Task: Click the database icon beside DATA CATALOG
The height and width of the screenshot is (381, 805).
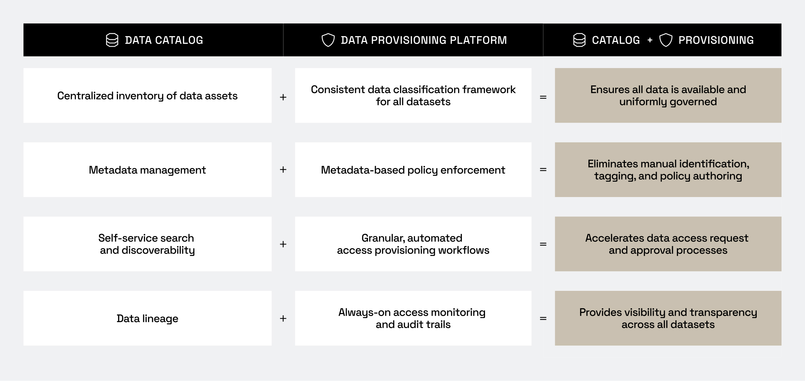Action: pos(112,40)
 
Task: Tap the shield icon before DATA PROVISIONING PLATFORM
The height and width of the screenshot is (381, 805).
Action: pos(328,40)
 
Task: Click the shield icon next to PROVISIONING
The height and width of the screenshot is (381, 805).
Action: pos(666,40)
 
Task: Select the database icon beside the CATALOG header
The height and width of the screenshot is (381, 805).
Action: pos(579,40)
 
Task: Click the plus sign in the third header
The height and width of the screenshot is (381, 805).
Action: pos(650,40)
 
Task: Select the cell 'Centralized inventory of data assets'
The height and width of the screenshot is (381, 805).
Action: pos(148,96)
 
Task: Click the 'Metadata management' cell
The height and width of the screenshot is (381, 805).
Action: pos(148,170)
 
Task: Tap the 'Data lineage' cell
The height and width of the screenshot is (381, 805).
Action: pos(148,318)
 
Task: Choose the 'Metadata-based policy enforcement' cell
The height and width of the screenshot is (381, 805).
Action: pos(413,170)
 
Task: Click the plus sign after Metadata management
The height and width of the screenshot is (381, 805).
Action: pos(283,170)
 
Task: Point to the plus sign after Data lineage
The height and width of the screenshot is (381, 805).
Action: pos(283,318)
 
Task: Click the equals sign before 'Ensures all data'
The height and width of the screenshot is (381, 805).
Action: pos(543,97)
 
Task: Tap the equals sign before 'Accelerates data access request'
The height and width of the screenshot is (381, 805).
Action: pos(543,244)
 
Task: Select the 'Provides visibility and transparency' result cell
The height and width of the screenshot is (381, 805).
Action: pos(668,318)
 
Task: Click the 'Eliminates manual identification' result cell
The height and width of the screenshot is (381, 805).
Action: pos(668,170)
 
